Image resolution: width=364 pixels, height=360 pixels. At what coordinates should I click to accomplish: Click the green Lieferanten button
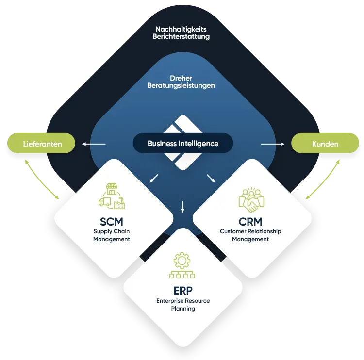pyautogui.click(x=42, y=144)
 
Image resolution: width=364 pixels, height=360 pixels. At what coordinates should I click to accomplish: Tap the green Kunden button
pyautogui.click(x=325, y=144)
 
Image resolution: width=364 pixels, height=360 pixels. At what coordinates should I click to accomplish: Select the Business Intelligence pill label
pyautogui.click(x=183, y=144)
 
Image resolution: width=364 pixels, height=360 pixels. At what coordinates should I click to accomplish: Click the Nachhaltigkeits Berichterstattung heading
pyautogui.click(x=181, y=33)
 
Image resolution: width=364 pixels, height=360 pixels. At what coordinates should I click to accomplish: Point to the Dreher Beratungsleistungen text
pyautogui.click(x=181, y=82)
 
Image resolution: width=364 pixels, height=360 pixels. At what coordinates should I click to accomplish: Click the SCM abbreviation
pyautogui.click(x=112, y=222)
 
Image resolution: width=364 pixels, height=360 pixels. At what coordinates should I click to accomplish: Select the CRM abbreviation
pyautogui.click(x=250, y=222)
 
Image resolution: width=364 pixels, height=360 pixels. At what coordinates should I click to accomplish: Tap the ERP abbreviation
pyautogui.click(x=183, y=291)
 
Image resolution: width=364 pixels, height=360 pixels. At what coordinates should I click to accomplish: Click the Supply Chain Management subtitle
pyautogui.click(x=112, y=235)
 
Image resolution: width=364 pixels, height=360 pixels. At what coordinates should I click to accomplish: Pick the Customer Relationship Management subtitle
pyautogui.click(x=250, y=235)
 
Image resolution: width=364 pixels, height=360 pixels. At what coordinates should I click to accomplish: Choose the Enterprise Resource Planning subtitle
pyautogui.click(x=183, y=305)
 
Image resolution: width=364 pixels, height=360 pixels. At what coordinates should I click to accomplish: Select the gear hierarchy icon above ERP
pyautogui.click(x=182, y=265)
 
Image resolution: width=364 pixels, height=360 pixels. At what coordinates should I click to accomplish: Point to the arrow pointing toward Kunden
pyautogui.click(x=273, y=144)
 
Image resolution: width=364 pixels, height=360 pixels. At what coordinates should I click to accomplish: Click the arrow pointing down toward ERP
pyautogui.click(x=183, y=206)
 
